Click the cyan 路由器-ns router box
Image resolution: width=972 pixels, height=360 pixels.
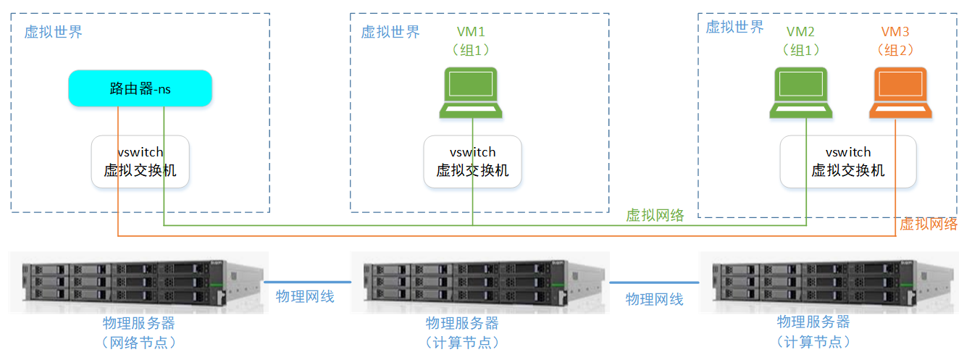[x=141, y=88]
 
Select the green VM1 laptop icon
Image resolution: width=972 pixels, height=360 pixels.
[x=471, y=93]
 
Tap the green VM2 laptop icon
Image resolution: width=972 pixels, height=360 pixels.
[x=801, y=93]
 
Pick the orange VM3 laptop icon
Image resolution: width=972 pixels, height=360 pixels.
[x=900, y=93]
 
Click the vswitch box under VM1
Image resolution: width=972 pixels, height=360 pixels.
[x=472, y=162]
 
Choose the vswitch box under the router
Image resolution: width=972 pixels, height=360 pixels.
[x=141, y=162]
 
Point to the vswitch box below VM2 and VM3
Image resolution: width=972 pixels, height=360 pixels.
[x=848, y=162]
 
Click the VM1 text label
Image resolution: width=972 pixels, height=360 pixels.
[x=471, y=32]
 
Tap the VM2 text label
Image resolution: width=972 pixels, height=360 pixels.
[x=800, y=32]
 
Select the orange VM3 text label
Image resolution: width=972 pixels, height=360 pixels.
[x=895, y=32]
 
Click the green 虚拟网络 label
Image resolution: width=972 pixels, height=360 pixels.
[x=655, y=215]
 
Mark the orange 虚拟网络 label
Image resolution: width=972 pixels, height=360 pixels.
[x=928, y=224]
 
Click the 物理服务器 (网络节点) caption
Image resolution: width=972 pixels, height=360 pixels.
[x=139, y=332]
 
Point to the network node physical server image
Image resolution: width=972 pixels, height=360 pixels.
[x=139, y=282]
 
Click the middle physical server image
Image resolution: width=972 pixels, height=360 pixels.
[x=480, y=282]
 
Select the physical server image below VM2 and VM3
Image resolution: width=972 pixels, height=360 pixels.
[x=829, y=282]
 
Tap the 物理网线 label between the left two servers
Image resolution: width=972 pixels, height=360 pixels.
[x=305, y=297]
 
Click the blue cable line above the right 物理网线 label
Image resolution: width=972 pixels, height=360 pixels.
[x=654, y=282]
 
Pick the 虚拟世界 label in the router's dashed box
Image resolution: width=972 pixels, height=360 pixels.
[x=53, y=32]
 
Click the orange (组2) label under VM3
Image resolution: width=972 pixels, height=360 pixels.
[x=895, y=50]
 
